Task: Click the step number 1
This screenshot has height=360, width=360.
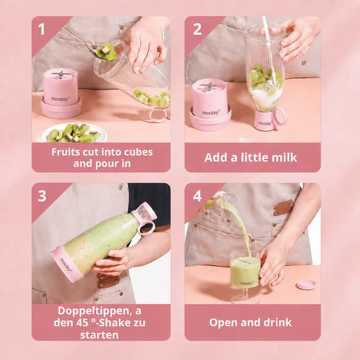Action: click(41, 30)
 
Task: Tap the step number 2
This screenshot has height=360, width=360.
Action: click(197, 30)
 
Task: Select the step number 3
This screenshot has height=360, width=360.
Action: click(42, 196)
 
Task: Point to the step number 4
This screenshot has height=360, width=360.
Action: click(197, 196)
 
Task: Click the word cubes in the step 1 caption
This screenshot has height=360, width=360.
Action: click(138, 152)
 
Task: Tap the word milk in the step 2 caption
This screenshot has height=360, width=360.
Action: click(284, 157)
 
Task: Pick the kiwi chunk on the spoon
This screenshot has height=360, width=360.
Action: click(106, 52)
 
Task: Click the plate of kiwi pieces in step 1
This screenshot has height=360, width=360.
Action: click(74, 133)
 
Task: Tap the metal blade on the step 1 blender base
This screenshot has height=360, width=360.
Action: click(61, 74)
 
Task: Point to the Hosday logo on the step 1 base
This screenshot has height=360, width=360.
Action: click(60, 99)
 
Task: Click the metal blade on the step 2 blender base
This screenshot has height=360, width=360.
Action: click(209, 86)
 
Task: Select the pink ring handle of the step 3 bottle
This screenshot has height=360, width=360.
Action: click(146, 228)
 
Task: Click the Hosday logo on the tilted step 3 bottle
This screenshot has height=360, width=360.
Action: click(66, 265)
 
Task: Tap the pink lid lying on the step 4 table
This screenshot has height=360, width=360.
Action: click(306, 284)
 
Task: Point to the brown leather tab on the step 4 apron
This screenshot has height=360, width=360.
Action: click(283, 207)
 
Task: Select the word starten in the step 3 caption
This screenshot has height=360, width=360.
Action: click(99, 335)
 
